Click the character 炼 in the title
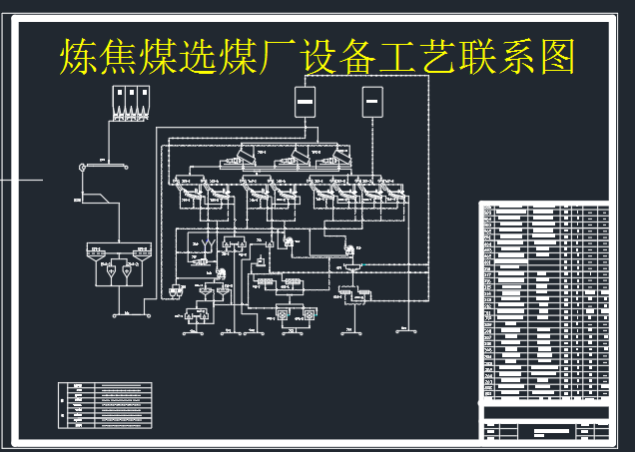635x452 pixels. pos(81,57)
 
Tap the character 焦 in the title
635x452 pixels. pos(128,57)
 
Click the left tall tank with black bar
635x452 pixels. pos(306,101)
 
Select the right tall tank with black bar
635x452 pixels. pos(372,101)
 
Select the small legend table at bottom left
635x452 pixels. pos(105,406)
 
